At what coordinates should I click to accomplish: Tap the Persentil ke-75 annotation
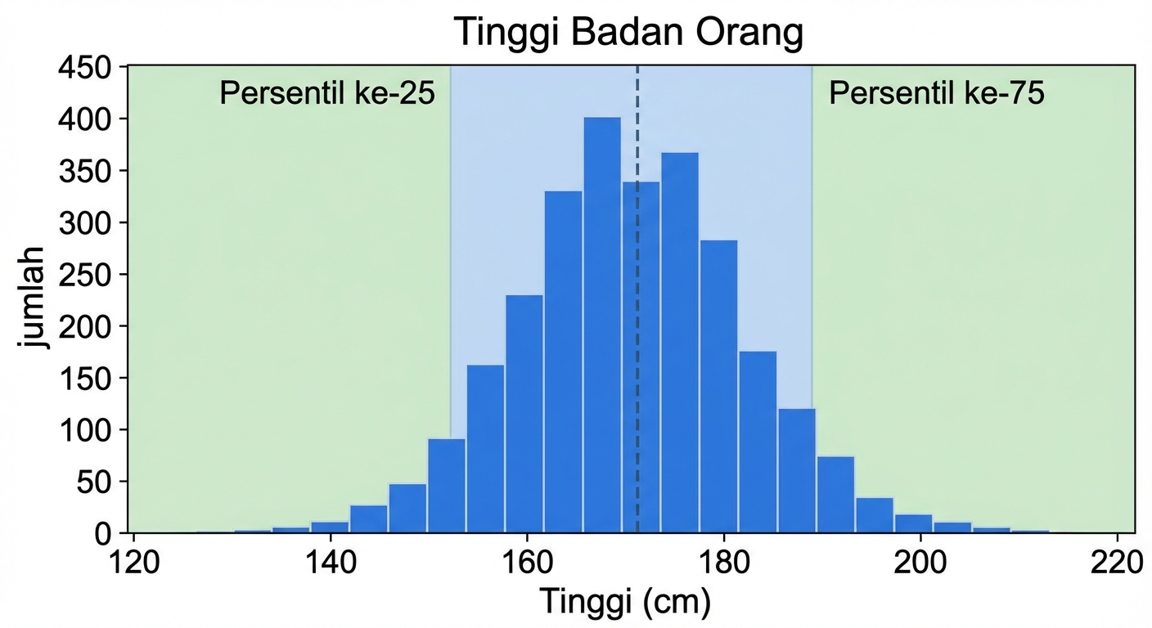[937, 94]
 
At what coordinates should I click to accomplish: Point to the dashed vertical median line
[637, 123]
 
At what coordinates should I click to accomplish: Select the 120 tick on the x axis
[133, 564]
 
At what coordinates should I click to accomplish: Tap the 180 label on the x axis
[723, 564]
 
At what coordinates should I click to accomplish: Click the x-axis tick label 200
[920, 564]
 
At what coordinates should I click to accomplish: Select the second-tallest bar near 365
[680, 343]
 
